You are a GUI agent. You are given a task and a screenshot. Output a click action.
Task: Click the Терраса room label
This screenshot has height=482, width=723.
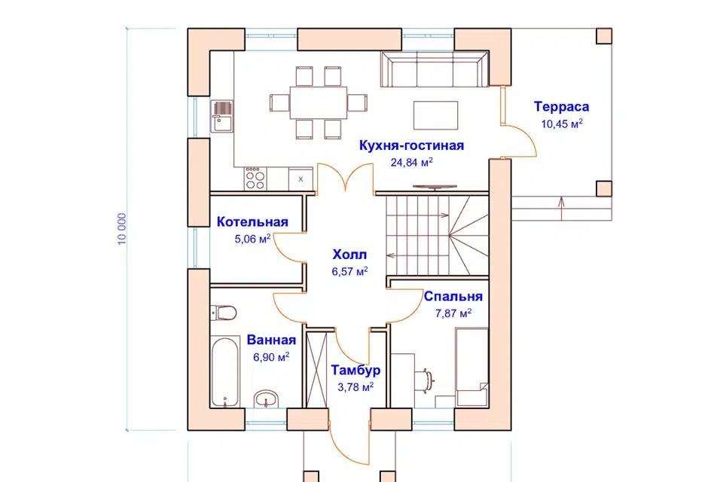pyautogui.click(x=561, y=106)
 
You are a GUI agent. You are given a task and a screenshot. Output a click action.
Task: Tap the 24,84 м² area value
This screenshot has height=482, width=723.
pyautogui.click(x=412, y=163)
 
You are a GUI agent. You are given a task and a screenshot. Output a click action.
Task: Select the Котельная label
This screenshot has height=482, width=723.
pyautogui.click(x=252, y=222)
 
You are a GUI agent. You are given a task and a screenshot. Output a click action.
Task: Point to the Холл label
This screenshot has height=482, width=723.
pyautogui.click(x=349, y=255)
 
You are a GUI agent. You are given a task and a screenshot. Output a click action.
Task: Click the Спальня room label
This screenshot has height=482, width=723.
pyautogui.click(x=453, y=296)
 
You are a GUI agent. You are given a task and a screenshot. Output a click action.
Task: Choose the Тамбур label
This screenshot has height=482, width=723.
pyautogui.click(x=355, y=370)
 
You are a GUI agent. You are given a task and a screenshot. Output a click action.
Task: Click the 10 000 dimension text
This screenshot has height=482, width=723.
pyautogui.click(x=122, y=229)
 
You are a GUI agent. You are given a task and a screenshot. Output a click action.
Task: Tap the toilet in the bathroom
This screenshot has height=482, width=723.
pyautogui.click(x=223, y=313)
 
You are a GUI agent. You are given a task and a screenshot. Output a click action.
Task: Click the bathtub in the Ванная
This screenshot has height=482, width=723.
pyautogui.click(x=225, y=372)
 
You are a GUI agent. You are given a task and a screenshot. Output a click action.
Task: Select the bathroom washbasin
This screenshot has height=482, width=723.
pyautogui.click(x=266, y=398)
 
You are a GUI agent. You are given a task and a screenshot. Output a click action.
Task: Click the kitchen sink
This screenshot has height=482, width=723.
pyautogui.click(x=222, y=116)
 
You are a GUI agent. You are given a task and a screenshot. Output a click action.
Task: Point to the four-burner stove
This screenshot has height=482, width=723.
pyautogui.click(x=255, y=178)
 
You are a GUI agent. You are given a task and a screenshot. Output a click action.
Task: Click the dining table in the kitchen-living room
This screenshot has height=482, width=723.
pyautogui.click(x=318, y=102)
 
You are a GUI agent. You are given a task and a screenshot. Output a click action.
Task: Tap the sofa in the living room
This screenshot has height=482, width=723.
pyautogui.click(x=435, y=69)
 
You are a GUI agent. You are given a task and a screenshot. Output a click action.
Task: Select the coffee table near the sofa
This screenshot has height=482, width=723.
pyautogui.click(x=436, y=115)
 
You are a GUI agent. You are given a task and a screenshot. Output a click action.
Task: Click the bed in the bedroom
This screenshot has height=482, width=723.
pyautogui.click(x=471, y=368)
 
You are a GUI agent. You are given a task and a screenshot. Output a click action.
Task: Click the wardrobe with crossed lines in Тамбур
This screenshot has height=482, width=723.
pyautogui.click(x=316, y=369)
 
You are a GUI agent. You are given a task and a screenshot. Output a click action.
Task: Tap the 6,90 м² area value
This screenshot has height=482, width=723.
pyautogui.click(x=271, y=357)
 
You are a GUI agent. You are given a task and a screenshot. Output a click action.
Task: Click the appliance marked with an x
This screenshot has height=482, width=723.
pyautogui.click(x=300, y=179)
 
